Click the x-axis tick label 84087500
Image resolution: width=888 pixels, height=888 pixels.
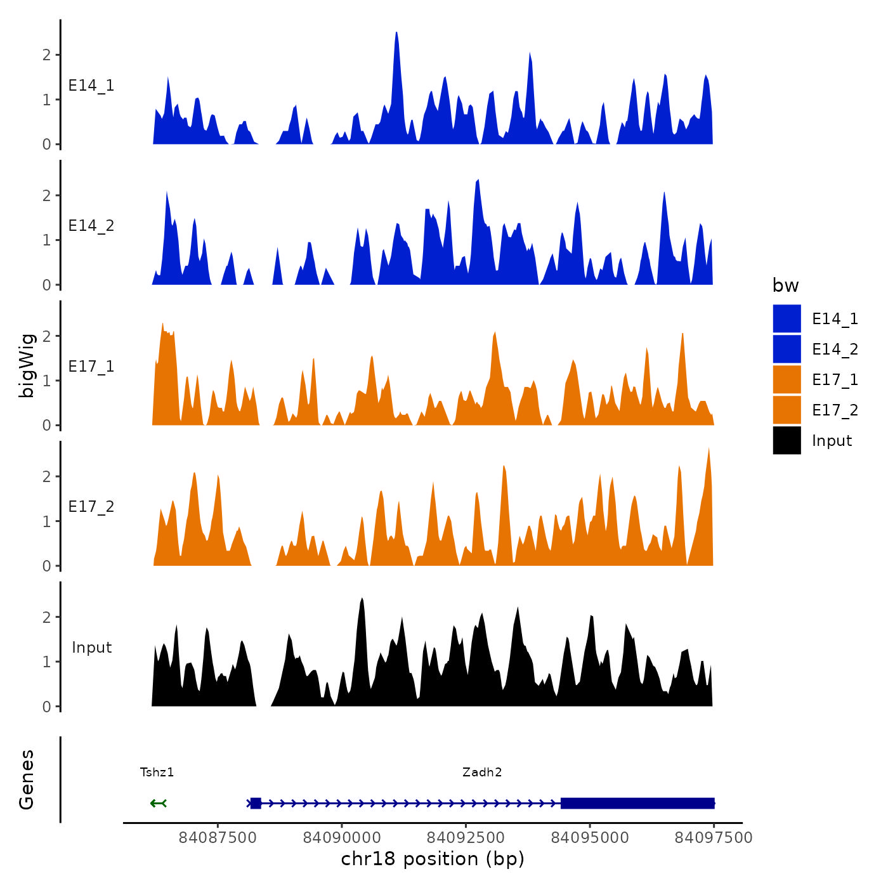click(218, 838)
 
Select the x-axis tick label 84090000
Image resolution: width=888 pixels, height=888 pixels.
click(342, 838)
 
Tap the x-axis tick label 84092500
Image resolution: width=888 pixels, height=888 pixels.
click(466, 838)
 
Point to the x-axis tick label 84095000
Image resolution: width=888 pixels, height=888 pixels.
click(590, 838)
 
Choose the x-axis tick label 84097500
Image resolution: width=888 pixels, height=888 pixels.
click(714, 838)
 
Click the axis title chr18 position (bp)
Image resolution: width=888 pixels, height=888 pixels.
click(433, 859)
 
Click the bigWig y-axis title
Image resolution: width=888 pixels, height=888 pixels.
click(27, 365)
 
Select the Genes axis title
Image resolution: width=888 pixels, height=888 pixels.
click(27, 780)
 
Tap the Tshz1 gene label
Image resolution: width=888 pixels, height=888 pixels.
click(157, 773)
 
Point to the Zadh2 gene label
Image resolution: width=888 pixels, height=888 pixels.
click(482, 773)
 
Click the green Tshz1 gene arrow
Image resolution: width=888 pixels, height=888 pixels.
click(159, 804)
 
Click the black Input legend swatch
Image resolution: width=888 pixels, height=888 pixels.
click(787, 440)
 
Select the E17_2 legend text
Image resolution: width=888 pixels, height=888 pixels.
click(835, 410)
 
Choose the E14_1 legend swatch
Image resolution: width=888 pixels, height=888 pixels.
click(787, 318)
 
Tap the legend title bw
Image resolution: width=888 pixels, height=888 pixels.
click(785, 285)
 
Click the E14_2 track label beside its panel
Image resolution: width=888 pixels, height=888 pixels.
click(91, 226)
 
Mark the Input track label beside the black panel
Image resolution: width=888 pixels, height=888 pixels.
click(91, 648)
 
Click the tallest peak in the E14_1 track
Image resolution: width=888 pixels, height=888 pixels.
click(396, 36)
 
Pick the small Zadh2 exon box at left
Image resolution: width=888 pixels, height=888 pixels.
click(256, 804)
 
